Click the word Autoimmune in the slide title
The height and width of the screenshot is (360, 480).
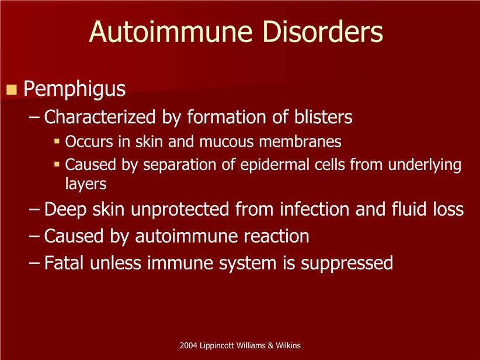(x=171, y=32)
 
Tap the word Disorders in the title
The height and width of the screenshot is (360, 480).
(x=323, y=32)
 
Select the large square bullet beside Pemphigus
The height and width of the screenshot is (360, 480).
(x=11, y=89)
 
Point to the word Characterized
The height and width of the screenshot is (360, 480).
(x=100, y=117)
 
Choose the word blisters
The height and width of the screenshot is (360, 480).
(x=324, y=117)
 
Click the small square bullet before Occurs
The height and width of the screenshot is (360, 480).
(x=57, y=141)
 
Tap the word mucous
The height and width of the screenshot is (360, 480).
(x=227, y=142)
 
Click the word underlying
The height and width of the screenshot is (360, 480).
(x=425, y=165)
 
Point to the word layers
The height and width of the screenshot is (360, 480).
(x=86, y=184)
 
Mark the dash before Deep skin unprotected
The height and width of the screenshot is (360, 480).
(x=34, y=209)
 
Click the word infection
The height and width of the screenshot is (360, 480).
(x=314, y=209)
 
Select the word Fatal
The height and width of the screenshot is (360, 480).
(x=64, y=263)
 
